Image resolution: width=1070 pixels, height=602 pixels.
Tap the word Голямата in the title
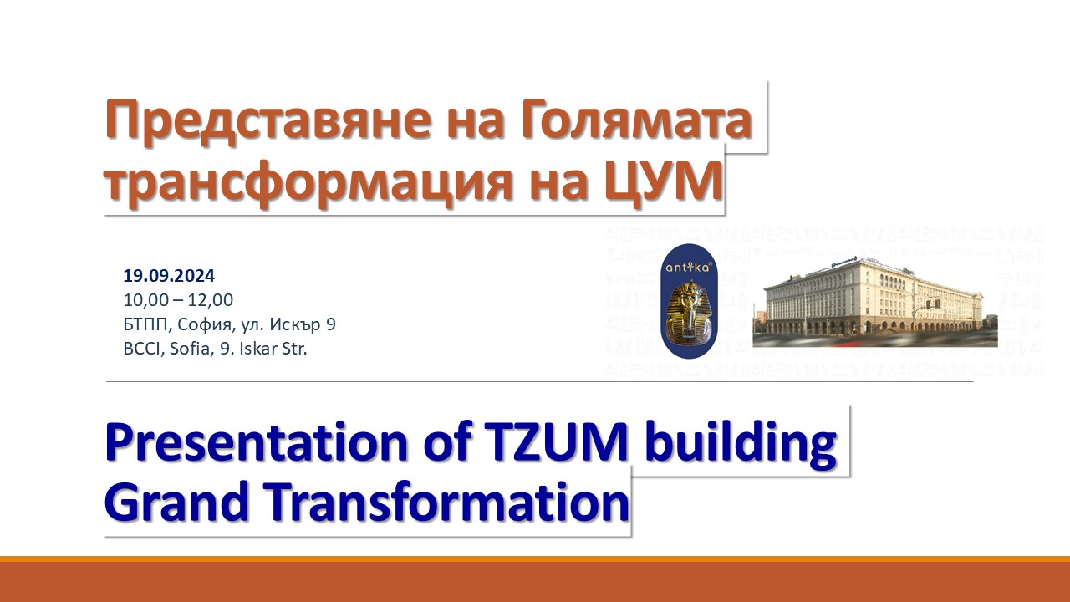click(636, 120)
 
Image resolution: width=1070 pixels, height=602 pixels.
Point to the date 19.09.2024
click(169, 276)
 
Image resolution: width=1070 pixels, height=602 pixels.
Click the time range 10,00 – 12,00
click(178, 300)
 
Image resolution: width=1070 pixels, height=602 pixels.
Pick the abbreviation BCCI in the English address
click(142, 349)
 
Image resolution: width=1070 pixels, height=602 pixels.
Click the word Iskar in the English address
click(258, 349)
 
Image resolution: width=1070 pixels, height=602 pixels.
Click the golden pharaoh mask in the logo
click(689, 314)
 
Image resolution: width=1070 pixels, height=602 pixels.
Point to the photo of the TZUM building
click(875, 302)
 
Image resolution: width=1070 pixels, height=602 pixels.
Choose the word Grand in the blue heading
click(177, 502)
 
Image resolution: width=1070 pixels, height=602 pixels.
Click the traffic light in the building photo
click(937, 304)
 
